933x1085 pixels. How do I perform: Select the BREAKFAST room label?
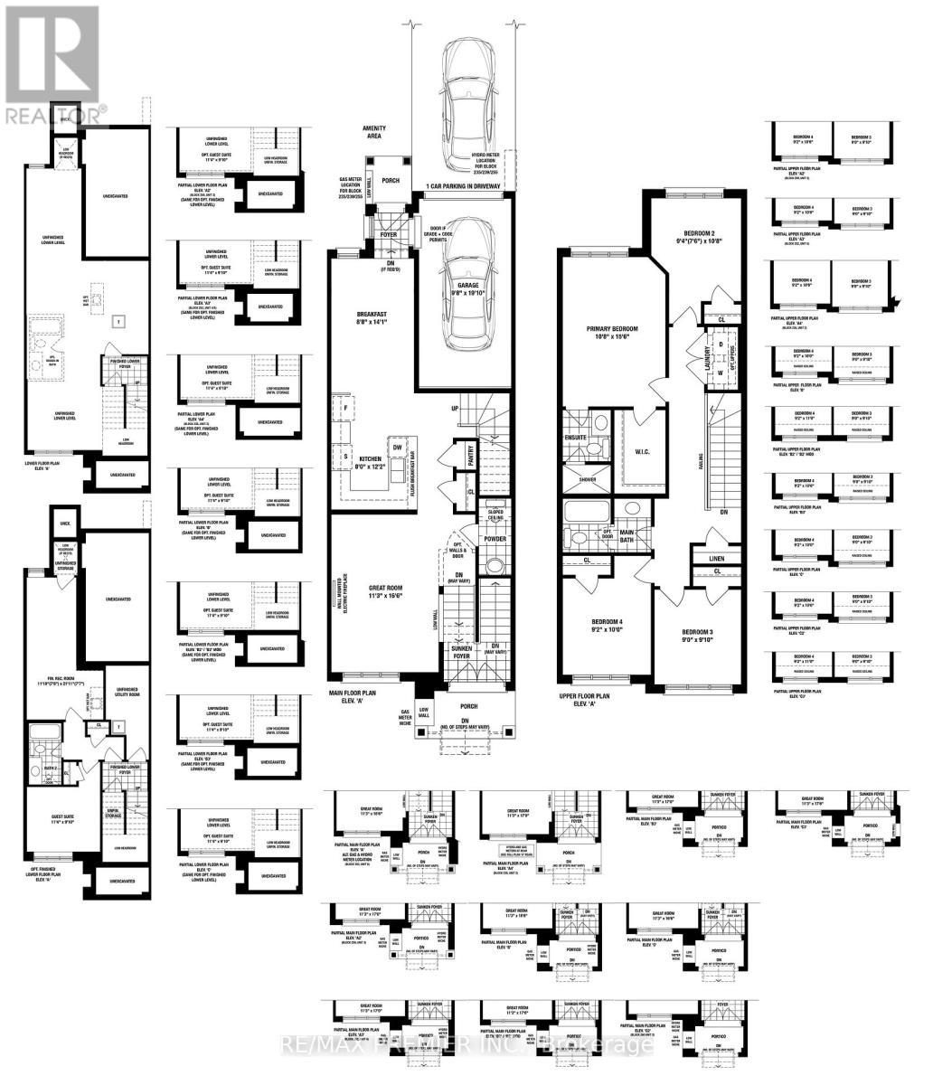tap(372, 316)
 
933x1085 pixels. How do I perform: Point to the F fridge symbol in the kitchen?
tap(344, 408)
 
